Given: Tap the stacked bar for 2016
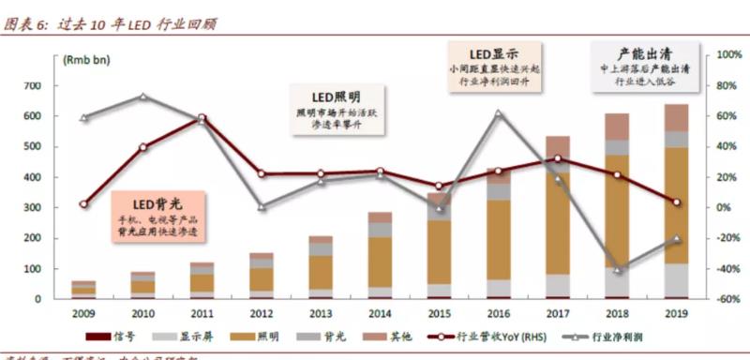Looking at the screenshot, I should click(x=498, y=234).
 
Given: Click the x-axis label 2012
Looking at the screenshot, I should click(x=261, y=314).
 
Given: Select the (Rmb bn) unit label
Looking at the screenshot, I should click(x=86, y=60).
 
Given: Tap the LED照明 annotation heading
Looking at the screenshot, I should click(x=336, y=97).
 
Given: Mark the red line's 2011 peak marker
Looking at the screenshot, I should click(x=202, y=118).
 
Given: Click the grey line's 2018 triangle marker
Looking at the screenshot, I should click(x=616, y=270).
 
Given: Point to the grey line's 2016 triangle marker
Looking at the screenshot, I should click(x=498, y=114).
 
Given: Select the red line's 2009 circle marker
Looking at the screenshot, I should click(x=83, y=203).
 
